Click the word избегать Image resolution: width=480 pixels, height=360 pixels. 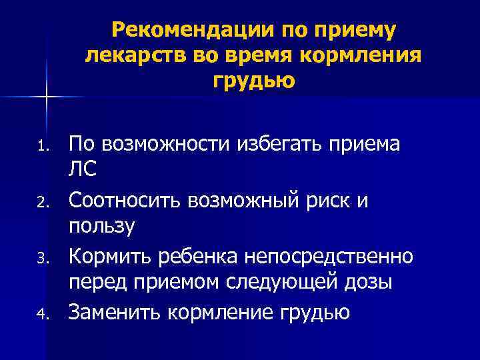[x=278, y=143]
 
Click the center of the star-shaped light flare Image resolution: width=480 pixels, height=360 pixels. [x=47, y=97]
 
